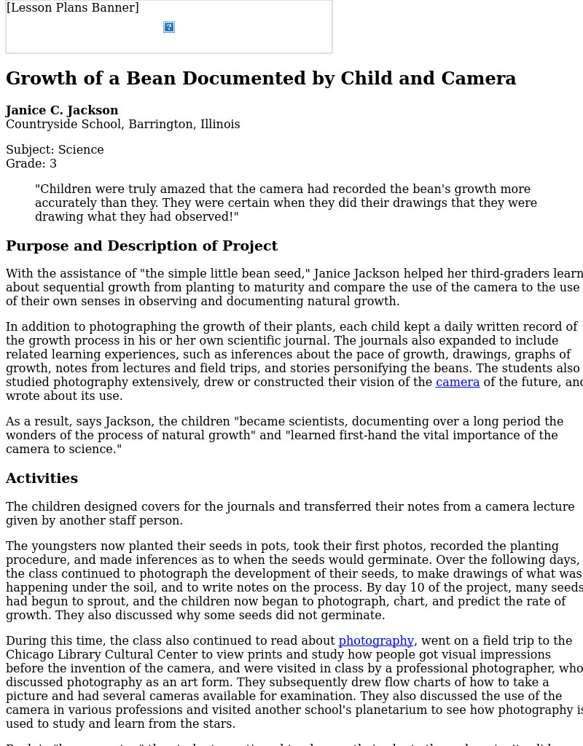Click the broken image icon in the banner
pyautogui.click(x=169, y=27)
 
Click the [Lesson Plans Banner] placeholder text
pyautogui.click(x=72, y=8)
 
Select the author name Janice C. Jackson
pyautogui.click(x=62, y=111)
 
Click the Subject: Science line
pyautogui.click(x=55, y=150)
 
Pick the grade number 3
pyautogui.click(x=53, y=164)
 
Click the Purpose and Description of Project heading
pyautogui.click(x=141, y=246)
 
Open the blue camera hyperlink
pyautogui.click(x=458, y=382)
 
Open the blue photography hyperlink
pyautogui.click(x=376, y=641)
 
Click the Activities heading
pyautogui.click(x=42, y=479)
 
